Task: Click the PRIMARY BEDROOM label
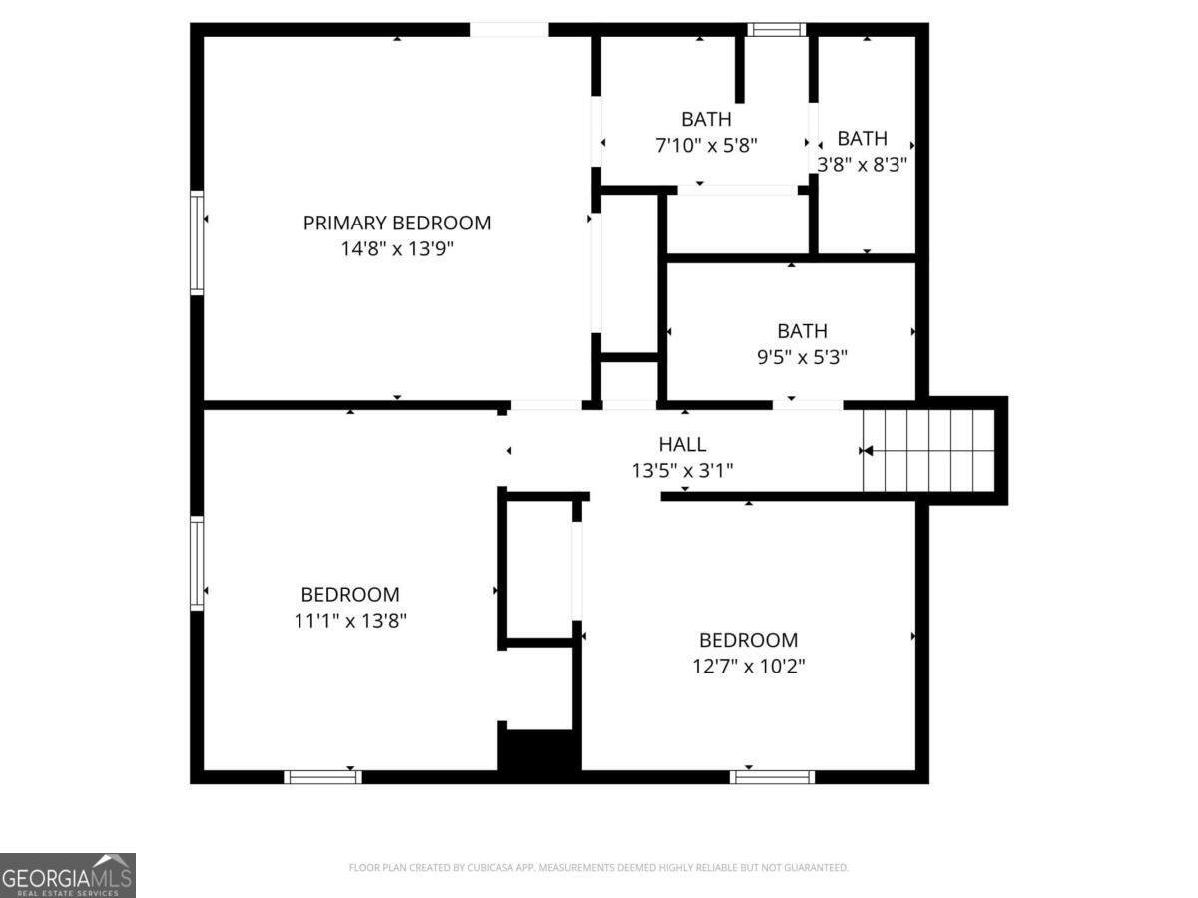pyautogui.click(x=396, y=223)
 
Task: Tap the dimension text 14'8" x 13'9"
pyautogui.click(x=397, y=249)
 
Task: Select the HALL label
pyautogui.click(x=682, y=444)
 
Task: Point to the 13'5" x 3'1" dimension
pyautogui.click(x=682, y=470)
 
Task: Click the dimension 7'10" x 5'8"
pyautogui.click(x=706, y=145)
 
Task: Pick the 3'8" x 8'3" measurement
pyautogui.click(x=862, y=164)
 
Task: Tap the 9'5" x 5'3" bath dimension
pyautogui.click(x=802, y=357)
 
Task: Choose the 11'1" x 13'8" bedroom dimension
pyautogui.click(x=350, y=620)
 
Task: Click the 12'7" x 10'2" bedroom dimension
pyautogui.click(x=749, y=666)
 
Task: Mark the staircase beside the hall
pyautogui.click(x=927, y=450)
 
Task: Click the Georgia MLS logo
pyautogui.click(x=68, y=875)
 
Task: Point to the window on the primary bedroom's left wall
pyautogui.click(x=197, y=242)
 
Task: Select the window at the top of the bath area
pyautogui.click(x=776, y=30)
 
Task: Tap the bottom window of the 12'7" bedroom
pyautogui.click(x=772, y=777)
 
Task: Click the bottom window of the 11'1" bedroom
pyautogui.click(x=322, y=777)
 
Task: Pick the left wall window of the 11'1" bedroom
pyautogui.click(x=197, y=563)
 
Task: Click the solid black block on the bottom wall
pyautogui.click(x=539, y=750)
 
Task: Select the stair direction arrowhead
pyautogui.click(x=868, y=451)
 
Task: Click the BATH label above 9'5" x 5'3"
pyautogui.click(x=802, y=331)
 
